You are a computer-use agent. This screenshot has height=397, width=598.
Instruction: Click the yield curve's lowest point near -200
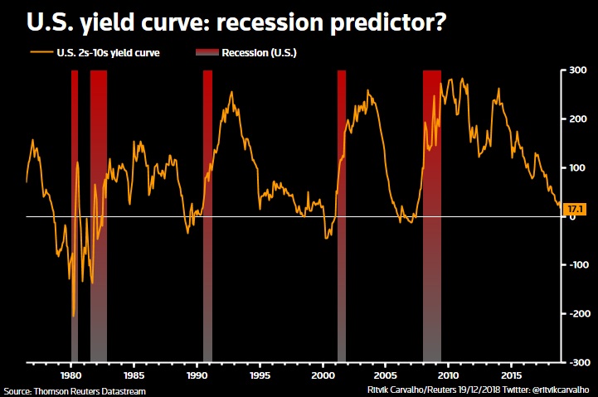coord(74,316)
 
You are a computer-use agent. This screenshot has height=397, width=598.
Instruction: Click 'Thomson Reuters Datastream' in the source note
coord(75,390)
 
